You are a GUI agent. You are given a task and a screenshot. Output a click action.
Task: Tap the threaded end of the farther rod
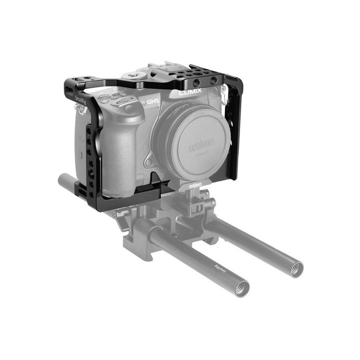click(x=295, y=269)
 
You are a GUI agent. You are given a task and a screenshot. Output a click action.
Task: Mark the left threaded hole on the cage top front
click(x=195, y=82)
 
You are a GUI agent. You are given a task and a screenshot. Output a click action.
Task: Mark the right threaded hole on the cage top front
click(x=213, y=80)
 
